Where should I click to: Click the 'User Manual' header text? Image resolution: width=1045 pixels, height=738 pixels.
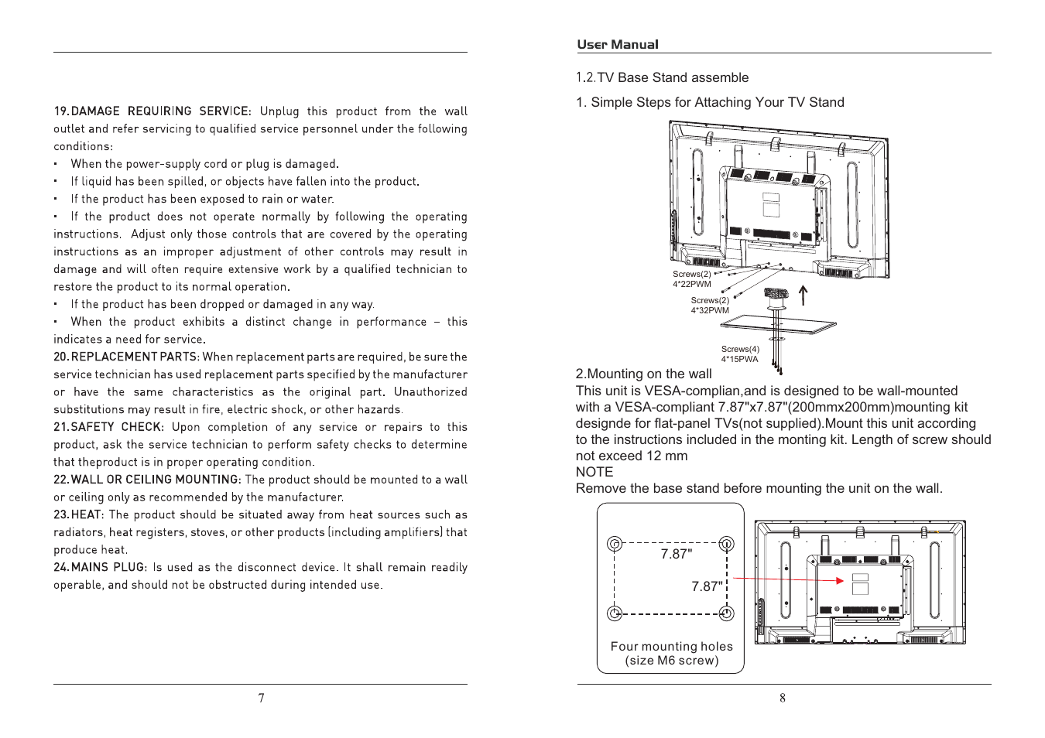pos(617,45)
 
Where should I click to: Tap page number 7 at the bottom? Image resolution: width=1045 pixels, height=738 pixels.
pos(261,698)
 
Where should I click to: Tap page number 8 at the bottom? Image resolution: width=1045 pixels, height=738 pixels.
pos(783,698)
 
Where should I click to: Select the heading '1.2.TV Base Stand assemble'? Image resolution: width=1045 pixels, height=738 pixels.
pos(662,77)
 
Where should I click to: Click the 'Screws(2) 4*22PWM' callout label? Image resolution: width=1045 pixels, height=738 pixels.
pos(691,279)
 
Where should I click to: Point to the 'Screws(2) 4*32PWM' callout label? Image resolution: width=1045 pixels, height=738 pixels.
pos(710,306)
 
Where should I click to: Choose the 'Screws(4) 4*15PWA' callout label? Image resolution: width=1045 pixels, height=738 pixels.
pos(740,354)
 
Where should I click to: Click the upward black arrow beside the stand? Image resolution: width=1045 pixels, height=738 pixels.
pos(803,295)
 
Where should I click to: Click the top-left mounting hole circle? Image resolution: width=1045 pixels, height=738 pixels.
pos(615,544)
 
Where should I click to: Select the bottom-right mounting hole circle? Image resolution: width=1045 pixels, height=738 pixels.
pos(726,613)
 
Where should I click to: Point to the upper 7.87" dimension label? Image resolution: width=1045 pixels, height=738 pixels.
pos(676,554)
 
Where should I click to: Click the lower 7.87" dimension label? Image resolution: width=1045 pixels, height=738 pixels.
pos(707,586)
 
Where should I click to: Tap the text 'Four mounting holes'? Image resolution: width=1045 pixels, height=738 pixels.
pos(671,647)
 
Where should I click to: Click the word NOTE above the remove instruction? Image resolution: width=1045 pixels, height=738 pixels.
pos(594,472)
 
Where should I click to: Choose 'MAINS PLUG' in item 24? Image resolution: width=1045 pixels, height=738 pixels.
pos(108,567)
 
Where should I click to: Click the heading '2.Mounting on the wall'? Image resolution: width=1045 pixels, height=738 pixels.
pos(643,374)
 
